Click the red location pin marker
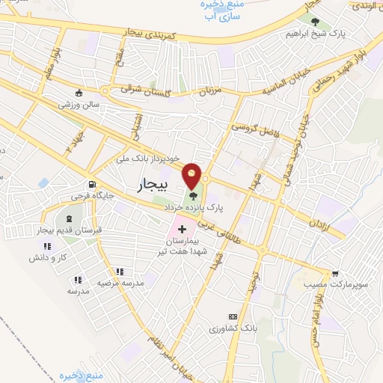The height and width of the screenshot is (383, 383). [193, 175]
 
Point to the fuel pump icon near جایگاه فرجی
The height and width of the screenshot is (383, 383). [91, 185]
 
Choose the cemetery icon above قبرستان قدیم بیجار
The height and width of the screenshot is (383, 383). [58, 218]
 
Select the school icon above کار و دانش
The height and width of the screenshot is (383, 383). [47, 246]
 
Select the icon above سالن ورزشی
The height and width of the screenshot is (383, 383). [79, 94]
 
